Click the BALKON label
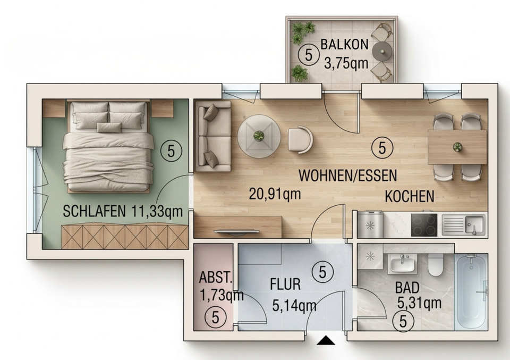point(344,45)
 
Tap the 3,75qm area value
point(346,64)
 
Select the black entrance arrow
point(326,340)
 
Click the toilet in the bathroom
point(436,264)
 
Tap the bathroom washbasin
point(404,263)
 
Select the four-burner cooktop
point(424,224)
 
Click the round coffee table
point(259,136)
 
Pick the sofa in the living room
point(213,136)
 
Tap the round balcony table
point(383,52)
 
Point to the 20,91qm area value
point(275,194)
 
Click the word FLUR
point(285,284)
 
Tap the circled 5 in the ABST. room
point(215,317)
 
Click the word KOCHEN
point(409,196)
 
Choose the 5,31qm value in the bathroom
point(419,303)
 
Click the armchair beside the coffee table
point(300,139)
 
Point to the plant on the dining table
point(457,146)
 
